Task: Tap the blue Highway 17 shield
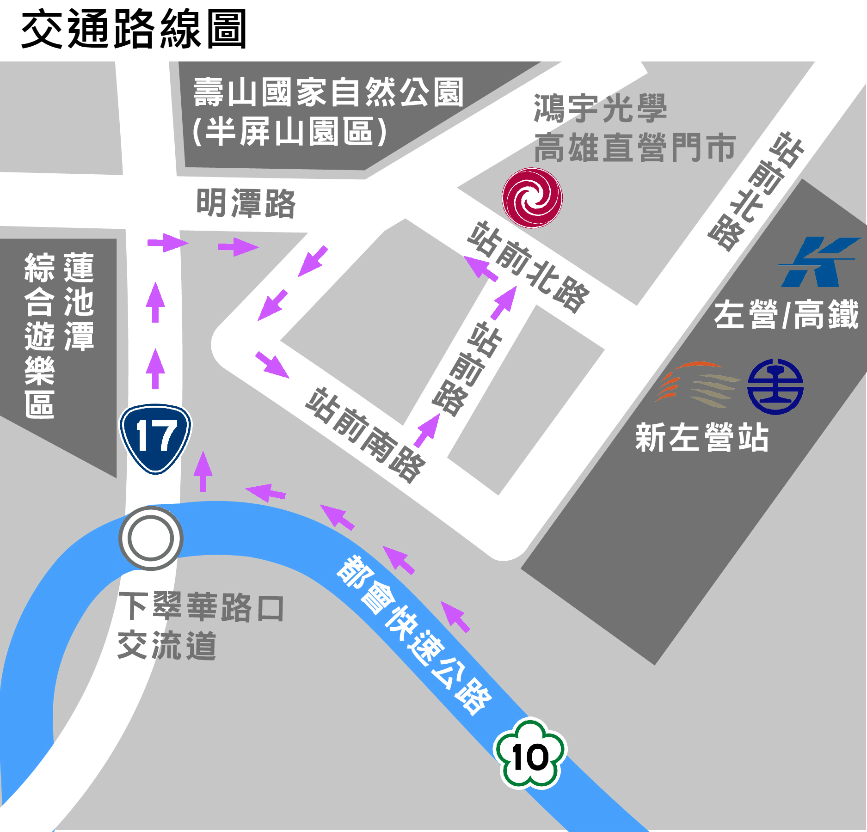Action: (x=155, y=439)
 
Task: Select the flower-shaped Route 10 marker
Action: (x=530, y=755)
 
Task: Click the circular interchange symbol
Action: (x=151, y=538)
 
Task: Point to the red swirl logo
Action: (x=532, y=198)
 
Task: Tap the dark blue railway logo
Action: (x=775, y=386)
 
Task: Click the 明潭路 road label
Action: (x=246, y=203)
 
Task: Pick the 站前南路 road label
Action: (x=365, y=435)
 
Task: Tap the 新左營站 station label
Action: (x=701, y=437)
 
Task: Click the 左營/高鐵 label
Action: (x=786, y=314)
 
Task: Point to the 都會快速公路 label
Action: (x=414, y=635)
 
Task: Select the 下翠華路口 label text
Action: (x=201, y=607)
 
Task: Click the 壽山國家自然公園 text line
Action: (x=328, y=92)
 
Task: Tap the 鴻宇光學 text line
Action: (x=600, y=108)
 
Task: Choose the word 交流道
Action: (x=167, y=645)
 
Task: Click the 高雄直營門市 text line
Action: (x=634, y=147)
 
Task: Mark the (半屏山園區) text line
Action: (x=289, y=132)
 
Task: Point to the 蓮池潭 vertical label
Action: (x=79, y=301)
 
